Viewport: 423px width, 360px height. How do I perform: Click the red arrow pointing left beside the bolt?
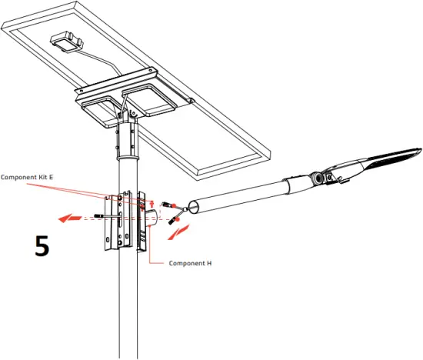73,218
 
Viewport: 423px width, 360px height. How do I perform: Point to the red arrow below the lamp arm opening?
178,228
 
